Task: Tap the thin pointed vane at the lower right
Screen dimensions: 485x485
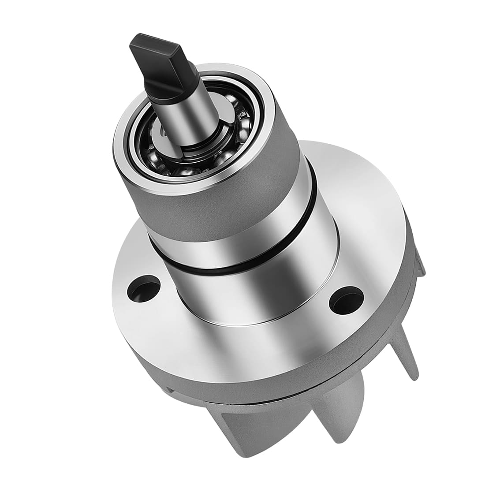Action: [408, 353]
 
